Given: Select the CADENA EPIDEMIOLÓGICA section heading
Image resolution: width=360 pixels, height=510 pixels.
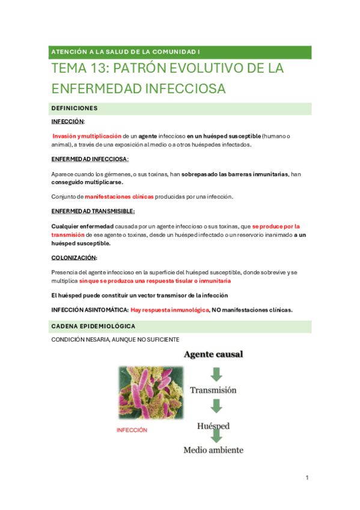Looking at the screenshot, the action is tap(93, 326).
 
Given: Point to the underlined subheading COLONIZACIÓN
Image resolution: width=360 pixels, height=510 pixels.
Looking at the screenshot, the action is tap(74, 257).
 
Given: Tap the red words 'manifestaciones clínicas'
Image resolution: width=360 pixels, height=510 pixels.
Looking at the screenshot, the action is tap(119, 197).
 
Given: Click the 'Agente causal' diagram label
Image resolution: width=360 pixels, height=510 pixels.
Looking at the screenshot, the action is tap(213, 354).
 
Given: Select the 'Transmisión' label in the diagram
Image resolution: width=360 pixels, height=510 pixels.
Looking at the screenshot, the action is tap(213, 390).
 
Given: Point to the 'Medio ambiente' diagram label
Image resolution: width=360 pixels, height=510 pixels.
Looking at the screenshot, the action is tap(213, 449).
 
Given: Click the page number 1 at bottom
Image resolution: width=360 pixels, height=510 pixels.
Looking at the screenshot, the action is tap(307, 478).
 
